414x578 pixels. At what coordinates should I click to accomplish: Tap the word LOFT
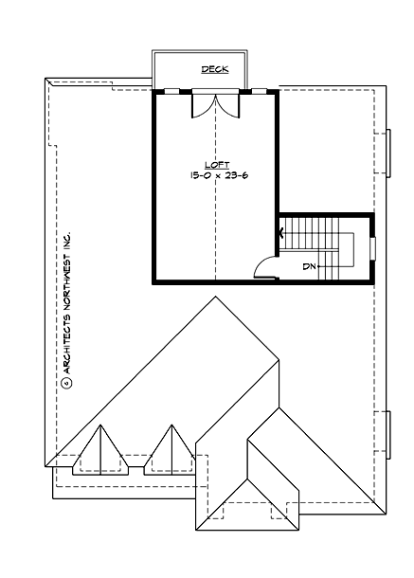pyautogui.click(x=217, y=164)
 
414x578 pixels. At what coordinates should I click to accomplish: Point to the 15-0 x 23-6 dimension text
pyautogui.click(x=217, y=176)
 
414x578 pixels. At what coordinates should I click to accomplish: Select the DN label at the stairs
pyautogui.click(x=308, y=267)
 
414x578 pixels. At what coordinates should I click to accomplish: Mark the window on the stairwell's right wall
pyautogui.click(x=373, y=246)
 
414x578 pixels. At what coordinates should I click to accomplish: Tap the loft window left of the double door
pyautogui.click(x=173, y=91)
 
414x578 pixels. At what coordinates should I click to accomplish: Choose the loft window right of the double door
pyautogui.click(x=259, y=91)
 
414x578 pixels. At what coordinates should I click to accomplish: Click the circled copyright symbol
pyautogui.click(x=67, y=384)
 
